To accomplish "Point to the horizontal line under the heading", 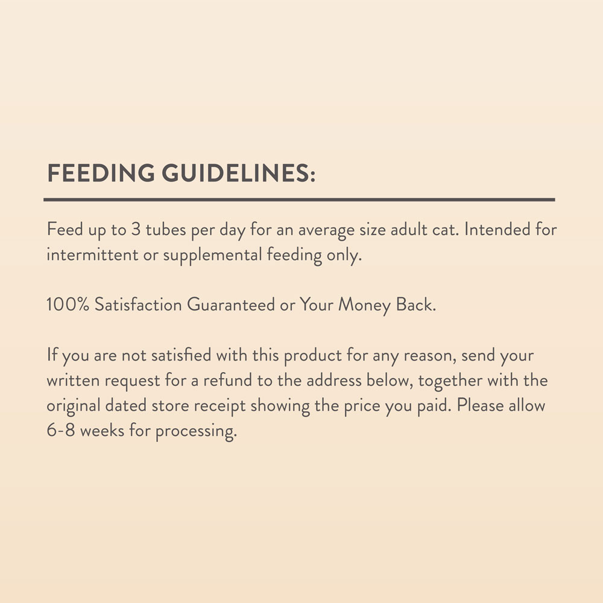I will click(x=300, y=200).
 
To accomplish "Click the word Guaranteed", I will click(x=230, y=305).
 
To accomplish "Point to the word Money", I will click(x=364, y=305).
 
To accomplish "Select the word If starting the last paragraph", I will click(x=52, y=355).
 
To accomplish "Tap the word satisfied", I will click(x=177, y=355).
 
